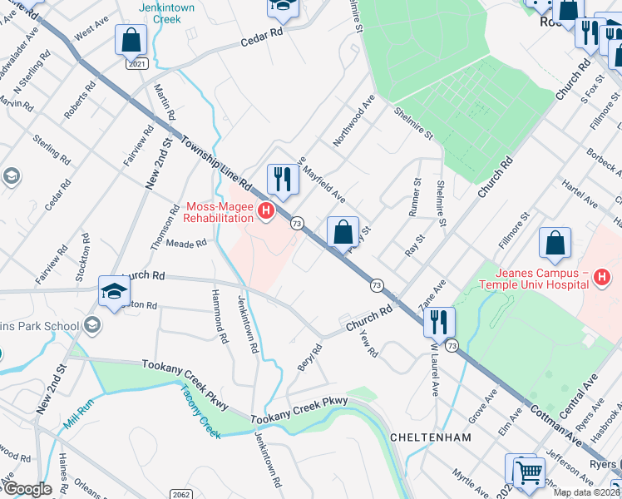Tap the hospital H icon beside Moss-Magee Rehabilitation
coord(266,212)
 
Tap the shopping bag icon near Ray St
coord(343,234)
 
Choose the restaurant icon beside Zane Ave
coord(437,322)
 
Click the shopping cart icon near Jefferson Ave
coord(527,472)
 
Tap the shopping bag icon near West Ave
coord(131,39)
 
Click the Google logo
coord(27,489)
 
